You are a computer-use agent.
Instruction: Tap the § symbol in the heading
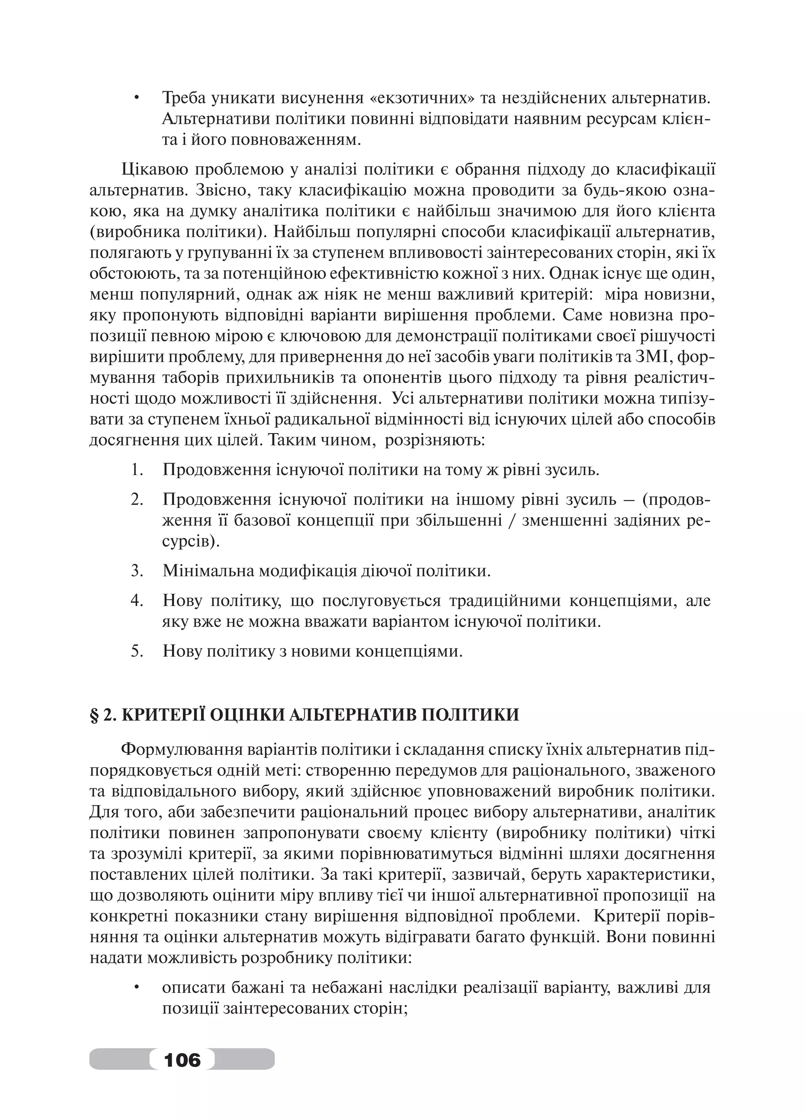point(95,714)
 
